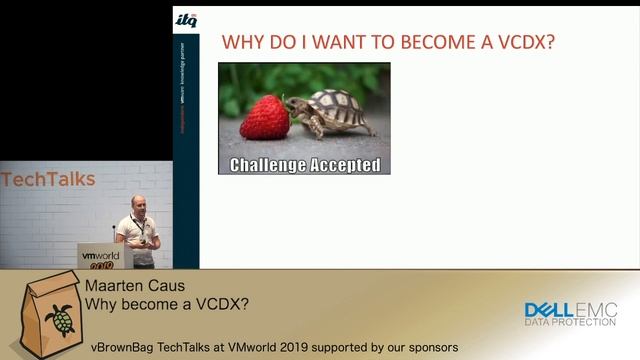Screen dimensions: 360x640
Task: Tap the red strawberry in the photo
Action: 265,117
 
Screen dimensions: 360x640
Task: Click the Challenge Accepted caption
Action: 304,164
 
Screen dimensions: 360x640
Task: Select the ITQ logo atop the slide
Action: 186,19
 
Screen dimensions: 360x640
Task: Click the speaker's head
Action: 137,203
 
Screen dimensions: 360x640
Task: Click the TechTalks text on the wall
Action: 48,180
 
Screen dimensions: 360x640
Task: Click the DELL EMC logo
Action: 570,309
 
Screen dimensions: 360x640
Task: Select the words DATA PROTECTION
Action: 570,322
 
